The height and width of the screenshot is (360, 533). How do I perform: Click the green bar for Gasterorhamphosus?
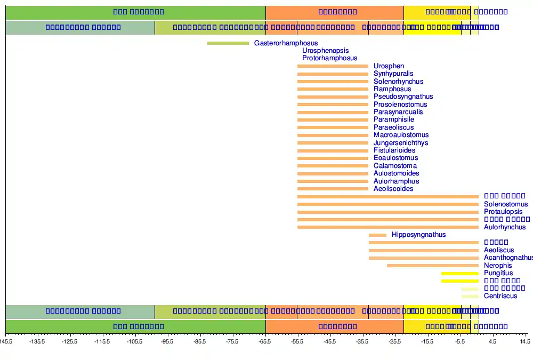coord(228,43)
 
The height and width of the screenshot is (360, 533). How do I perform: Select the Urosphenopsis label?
coord(325,51)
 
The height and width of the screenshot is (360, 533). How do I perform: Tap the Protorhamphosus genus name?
coord(329,58)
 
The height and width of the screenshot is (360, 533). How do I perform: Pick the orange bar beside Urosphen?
coord(333,66)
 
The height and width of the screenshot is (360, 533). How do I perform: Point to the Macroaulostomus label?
coord(401,135)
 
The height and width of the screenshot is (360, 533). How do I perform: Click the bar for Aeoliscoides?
coord(333,189)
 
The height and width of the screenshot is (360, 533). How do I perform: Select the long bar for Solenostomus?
coord(387,204)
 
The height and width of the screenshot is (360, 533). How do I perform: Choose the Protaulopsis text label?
coord(503,212)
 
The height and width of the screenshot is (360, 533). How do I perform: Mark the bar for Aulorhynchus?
coord(387,227)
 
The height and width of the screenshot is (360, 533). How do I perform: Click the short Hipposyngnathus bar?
coord(377,235)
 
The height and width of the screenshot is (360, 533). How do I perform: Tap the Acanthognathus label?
coord(508,258)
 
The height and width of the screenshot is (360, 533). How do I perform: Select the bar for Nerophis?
coord(432,266)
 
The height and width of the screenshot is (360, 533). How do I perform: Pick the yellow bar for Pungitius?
coord(459,274)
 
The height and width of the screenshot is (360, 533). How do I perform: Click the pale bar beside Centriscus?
coord(470,296)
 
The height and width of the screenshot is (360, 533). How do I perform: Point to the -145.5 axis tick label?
coord(6,341)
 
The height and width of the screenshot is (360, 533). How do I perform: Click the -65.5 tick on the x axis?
coord(265,341)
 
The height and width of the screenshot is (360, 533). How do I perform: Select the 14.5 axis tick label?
coord(524,341)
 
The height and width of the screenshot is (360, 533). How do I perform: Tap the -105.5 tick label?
coord(135,341)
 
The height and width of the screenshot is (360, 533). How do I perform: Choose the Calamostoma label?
coord(395,166)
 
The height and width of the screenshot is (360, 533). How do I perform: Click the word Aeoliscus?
coord(499,250)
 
